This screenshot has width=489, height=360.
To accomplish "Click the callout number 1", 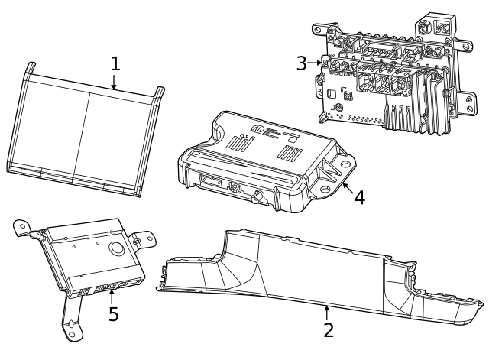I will [x=115, y=63].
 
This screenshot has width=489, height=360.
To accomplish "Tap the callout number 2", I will [x=328, y=330].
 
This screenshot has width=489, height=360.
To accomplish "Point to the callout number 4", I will [x=358, y=196].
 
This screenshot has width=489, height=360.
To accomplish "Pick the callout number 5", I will [x=113, y=314].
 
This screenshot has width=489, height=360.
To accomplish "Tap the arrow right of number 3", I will [x=317, y=64].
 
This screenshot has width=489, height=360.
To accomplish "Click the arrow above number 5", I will [x=112, y=294].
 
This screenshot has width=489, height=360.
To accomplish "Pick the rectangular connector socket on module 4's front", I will [x=211, y=182].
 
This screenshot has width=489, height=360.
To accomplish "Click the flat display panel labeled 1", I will [x=84, y=130].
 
